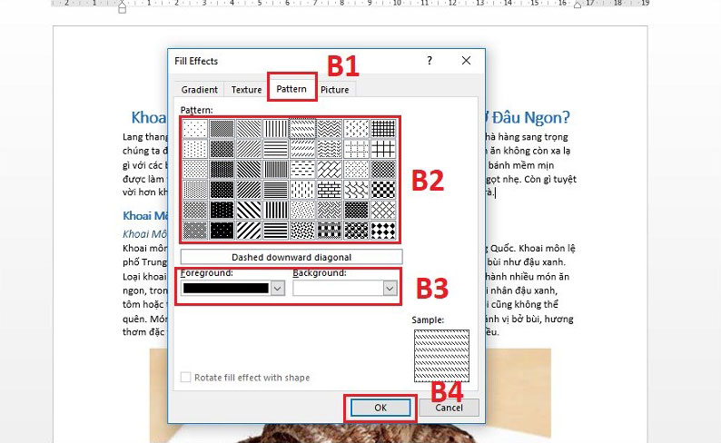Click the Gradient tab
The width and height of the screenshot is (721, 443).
[199, 90]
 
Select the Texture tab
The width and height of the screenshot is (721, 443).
[246, 90]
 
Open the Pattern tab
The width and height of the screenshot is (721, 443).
[291, 89]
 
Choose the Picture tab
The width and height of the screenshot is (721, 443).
[334, 90]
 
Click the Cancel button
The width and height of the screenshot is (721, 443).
[449, 408]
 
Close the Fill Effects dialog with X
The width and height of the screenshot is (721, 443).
[466, 61]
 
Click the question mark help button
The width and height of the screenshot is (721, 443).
[428, 61]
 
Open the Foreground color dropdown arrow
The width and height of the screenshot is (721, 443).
[278, 288]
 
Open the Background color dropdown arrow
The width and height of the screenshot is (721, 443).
[390, 288]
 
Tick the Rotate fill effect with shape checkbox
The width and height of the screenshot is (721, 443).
[186, 378]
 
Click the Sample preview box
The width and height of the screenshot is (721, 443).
[441, 355]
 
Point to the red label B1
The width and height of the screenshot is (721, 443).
[343, 66]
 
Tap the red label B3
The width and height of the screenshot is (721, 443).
[432, 288]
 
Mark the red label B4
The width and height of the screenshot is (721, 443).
[447, 391]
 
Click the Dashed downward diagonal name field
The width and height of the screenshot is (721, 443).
[291, 257]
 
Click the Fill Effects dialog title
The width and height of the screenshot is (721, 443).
[196, 61]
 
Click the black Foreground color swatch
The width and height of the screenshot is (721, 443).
[226, 288]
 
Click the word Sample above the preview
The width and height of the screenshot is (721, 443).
[429, 320]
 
